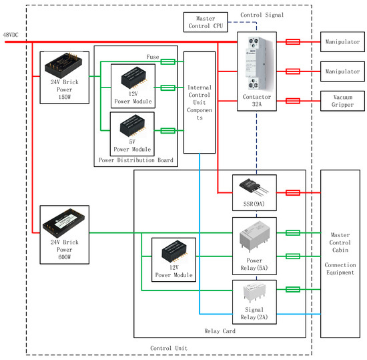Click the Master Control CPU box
(206, 22)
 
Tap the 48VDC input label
(11, 35)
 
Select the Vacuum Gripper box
(342, 101)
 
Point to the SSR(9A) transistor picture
(254, 188)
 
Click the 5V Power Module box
(132, 134)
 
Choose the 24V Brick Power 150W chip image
(63, 65)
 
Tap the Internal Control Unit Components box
(200, 103)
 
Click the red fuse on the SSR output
(293, 193)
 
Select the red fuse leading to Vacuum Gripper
(293, 101)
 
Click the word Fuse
(153, 57)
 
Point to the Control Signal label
(262, 15)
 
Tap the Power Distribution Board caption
(136, 160)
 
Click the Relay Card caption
(220, 331)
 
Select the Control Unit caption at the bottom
(169, 348)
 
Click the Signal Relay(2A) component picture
(254, 292)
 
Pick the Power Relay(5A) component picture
(254, 236)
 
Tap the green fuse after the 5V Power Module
(167, 131)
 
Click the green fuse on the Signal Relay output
(293, 289)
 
